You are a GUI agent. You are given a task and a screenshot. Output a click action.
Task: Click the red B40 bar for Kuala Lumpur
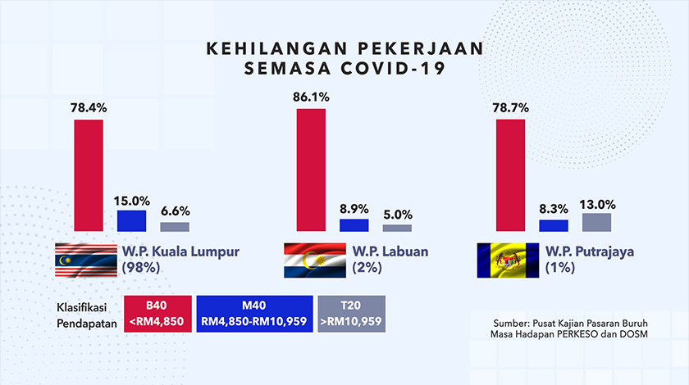coord(89,175)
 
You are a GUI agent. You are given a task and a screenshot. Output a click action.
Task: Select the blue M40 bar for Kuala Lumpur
coord(131,220)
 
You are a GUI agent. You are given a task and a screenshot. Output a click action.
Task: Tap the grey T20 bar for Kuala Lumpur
coord(174,227)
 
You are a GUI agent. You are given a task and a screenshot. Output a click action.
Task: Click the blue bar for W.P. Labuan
coord(354,225)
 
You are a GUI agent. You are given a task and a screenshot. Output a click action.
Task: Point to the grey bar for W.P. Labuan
coord(397,228)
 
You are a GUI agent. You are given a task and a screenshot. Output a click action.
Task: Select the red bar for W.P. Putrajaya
coord(511,175)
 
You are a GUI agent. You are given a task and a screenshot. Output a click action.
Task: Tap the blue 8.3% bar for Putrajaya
coord(554,225)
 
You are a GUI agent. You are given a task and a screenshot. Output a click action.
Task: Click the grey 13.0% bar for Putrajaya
coord(596,222)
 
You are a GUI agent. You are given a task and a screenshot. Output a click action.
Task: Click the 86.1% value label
coord(311,97)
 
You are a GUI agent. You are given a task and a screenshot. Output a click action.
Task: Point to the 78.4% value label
coord(89,107)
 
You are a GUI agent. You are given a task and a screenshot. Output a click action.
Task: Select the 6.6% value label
coord(174,211)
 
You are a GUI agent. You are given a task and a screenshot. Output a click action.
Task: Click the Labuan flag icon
coord(313,260)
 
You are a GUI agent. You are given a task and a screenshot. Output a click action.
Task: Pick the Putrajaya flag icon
coord(508,260)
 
